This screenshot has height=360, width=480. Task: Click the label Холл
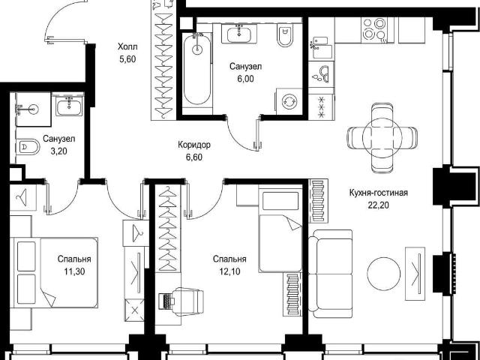pos(127,46)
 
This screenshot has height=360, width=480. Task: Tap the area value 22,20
pos(378,205)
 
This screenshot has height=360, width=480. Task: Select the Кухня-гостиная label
pos(378,193)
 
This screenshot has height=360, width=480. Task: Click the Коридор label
pos(194,145)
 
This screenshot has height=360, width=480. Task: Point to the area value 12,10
pos(229,271)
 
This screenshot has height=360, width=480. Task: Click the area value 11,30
pos(74,271)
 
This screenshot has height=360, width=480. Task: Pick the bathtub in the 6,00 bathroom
pos(197,70)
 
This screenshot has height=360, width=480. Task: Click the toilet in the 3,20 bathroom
pos(28,147)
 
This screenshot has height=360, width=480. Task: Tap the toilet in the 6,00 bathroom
pos(285,34)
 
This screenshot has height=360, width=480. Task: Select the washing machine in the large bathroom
pos(289,101)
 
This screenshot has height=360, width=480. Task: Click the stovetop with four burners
pos(374,30)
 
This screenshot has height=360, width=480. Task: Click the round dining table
pos(382,137)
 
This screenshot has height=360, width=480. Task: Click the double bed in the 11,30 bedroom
pos(54,272)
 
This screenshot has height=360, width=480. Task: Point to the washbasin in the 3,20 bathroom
pos(69,106)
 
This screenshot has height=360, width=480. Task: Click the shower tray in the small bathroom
pos(33,109)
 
